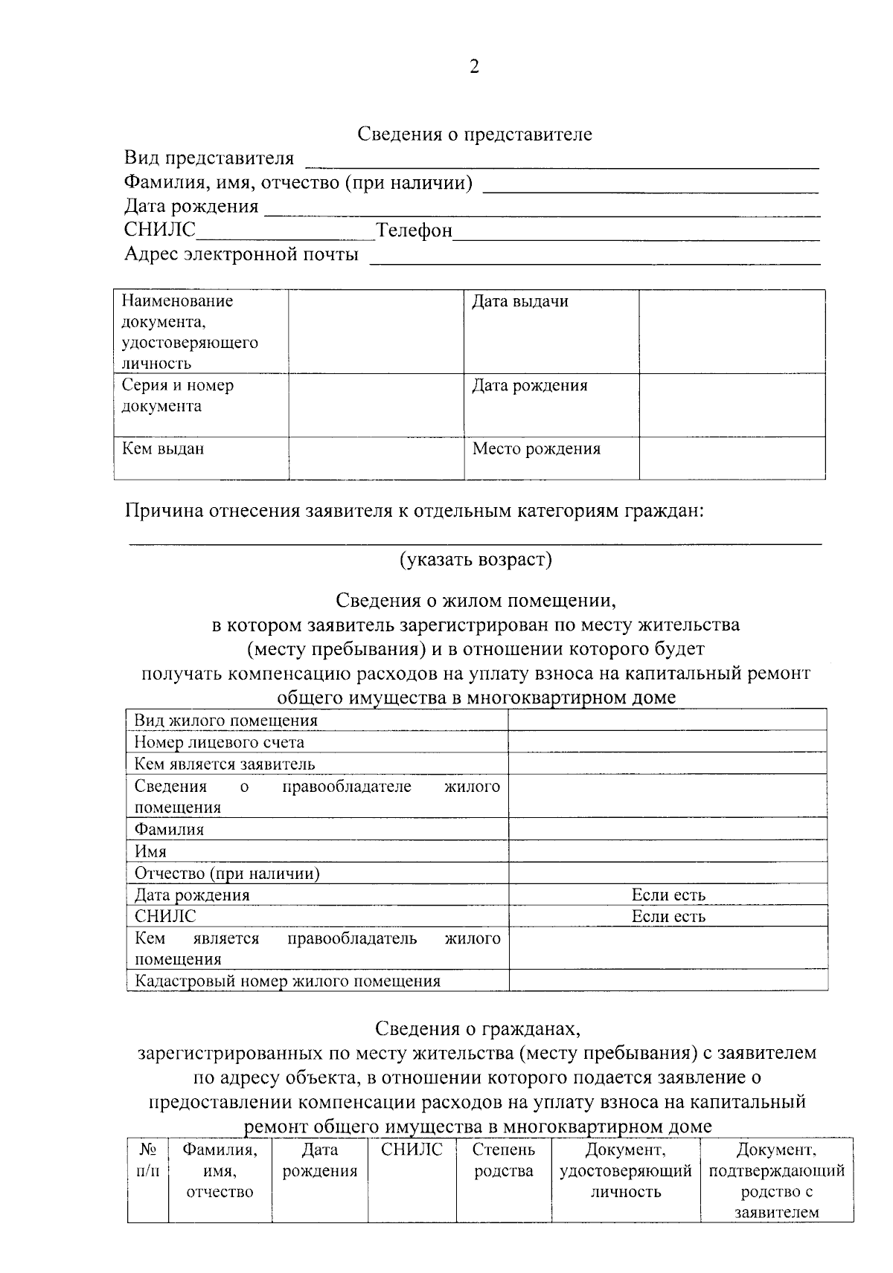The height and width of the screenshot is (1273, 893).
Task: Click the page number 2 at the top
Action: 474,68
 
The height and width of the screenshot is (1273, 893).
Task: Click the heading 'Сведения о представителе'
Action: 474,135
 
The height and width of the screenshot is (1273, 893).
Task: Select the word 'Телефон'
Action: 415,231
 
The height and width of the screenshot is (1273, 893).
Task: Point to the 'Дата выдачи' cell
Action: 520,302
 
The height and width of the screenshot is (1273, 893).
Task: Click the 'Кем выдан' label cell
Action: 163,449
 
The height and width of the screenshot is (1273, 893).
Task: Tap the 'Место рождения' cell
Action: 537,449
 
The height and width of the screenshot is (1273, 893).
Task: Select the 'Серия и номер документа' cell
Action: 178,396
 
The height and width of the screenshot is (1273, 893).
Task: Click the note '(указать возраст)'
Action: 476,559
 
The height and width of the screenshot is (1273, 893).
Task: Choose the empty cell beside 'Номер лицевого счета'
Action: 668,742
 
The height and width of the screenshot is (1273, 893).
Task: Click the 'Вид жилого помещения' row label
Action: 226,721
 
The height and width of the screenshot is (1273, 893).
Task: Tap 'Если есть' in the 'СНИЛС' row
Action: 668,917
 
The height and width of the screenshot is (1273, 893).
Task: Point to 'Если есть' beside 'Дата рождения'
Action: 668,895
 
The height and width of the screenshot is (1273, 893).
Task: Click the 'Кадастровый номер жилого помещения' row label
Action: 287,982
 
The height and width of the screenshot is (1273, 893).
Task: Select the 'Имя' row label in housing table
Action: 150,851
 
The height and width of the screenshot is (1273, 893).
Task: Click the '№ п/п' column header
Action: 147,1160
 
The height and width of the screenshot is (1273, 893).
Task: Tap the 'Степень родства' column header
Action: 504,1160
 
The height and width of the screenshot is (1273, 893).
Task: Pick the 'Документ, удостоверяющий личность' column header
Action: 625,1171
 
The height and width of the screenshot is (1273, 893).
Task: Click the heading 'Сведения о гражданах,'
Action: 476,1029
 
